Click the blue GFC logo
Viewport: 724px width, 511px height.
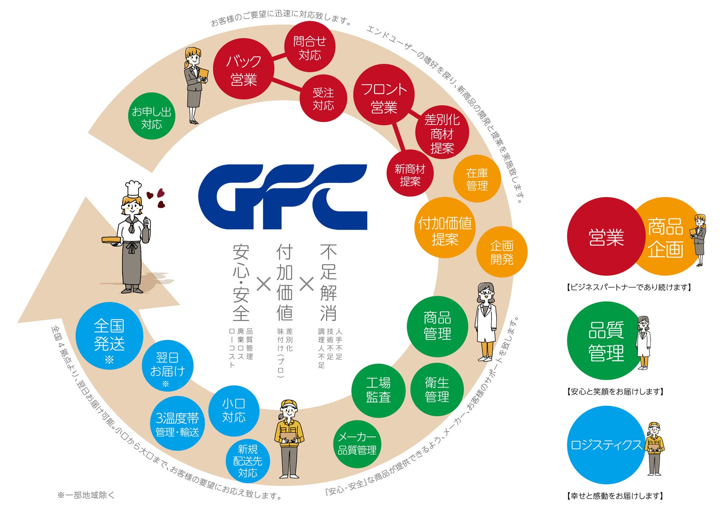click(282, 197)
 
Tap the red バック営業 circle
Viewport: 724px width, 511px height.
click(243, 70)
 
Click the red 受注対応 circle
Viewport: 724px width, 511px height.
click(323, 98)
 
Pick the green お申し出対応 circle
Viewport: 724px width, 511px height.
click(151, 116)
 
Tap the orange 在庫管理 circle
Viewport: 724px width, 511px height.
click(477, 179)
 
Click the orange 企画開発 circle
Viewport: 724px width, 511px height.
click(502, 252)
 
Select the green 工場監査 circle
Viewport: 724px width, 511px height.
click(378, 390)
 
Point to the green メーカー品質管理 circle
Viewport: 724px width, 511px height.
click(357, 444)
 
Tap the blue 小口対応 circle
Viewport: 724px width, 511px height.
click(234, 411)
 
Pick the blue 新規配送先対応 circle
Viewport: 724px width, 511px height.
click(248, 461)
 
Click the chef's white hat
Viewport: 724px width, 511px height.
click(133, 188)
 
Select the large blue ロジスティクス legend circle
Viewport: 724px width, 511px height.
click(606, 445)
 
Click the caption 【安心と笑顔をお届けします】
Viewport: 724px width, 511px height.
click(615, 392)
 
